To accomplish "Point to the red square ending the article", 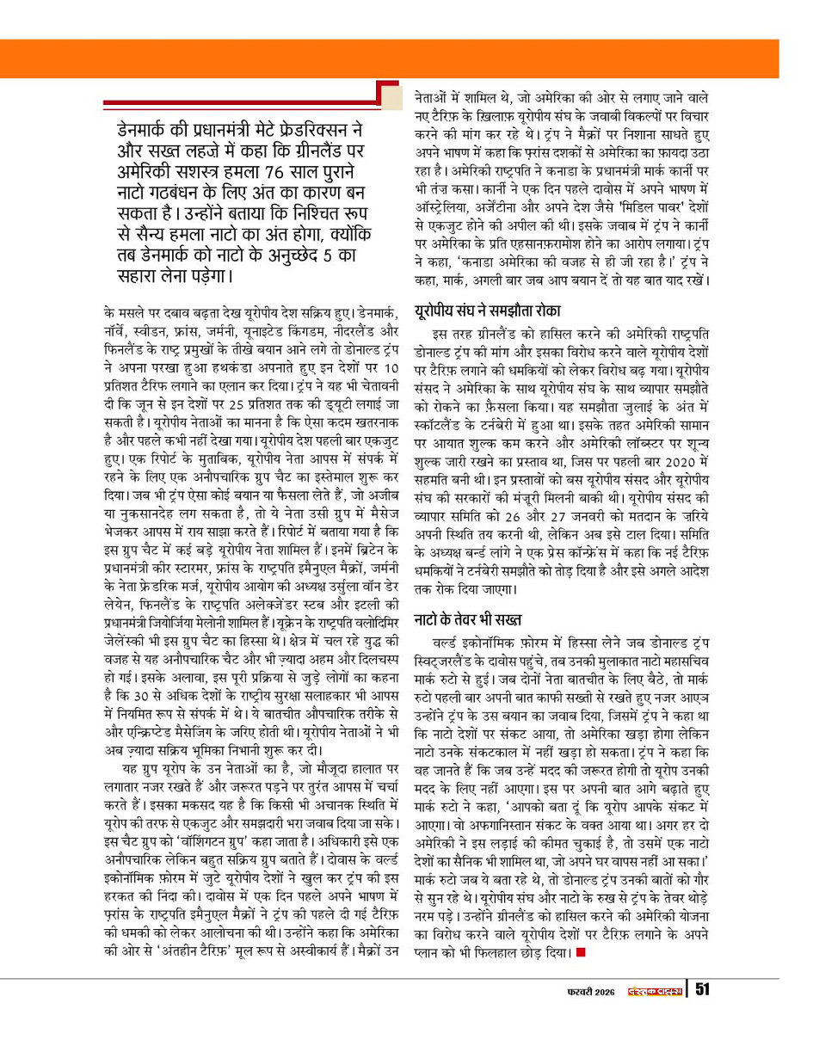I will coord(582,953).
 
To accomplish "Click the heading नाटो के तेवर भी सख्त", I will coord(467,595).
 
